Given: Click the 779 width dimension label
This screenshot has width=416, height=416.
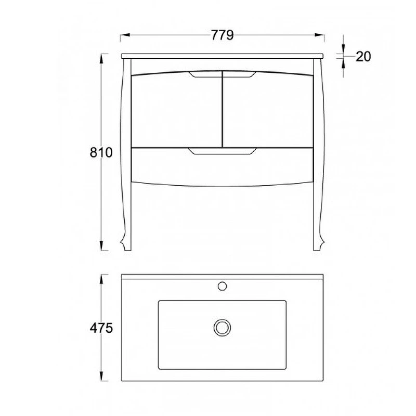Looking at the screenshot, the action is pos(223,35).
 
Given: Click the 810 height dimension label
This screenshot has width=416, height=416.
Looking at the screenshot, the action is pos(101,152).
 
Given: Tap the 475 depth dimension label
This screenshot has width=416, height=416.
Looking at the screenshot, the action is pos(101,328).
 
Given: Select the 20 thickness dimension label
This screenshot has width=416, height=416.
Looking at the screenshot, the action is pos(363,57).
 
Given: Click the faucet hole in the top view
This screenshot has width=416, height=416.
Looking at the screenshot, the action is pos(222,286).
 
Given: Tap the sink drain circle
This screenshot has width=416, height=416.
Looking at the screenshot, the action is pos(222,328).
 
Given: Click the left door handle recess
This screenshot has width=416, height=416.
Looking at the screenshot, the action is pos(205,74).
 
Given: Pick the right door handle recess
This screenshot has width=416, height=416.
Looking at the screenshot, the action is pos(239,74).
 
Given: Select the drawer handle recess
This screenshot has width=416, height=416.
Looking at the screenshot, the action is pos(223,151).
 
